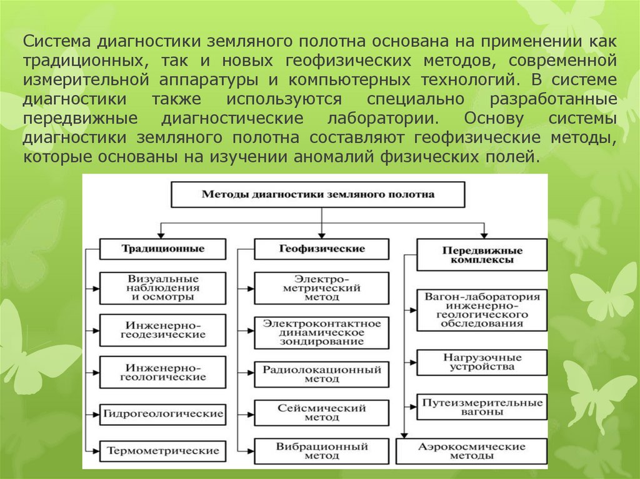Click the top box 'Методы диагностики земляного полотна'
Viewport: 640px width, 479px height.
317,194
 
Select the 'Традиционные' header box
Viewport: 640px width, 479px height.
162,249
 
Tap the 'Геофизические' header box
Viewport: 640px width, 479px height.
321,249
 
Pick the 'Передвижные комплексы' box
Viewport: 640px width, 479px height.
482,255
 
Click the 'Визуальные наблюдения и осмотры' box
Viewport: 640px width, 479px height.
162,288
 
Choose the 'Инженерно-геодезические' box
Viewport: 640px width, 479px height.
162,330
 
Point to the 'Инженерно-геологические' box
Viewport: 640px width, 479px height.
162,372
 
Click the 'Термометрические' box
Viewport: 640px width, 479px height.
162,450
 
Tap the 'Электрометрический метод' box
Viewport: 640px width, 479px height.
321,288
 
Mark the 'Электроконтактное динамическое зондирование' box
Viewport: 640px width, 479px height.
321,332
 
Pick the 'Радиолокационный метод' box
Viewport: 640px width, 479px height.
321,374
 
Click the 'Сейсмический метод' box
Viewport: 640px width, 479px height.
321,413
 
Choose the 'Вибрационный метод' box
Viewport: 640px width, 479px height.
321,451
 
